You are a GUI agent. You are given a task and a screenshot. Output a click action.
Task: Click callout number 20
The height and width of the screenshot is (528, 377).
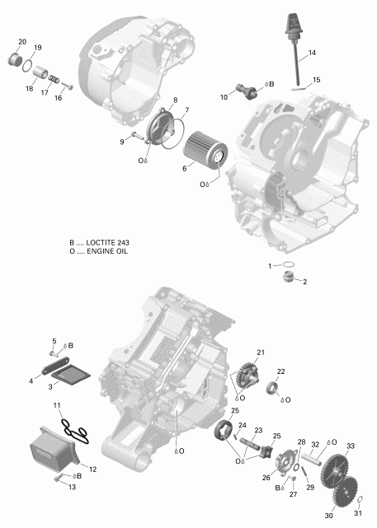[22, 42]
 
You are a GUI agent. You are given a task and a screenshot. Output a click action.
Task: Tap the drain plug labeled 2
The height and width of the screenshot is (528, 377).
[290, 276]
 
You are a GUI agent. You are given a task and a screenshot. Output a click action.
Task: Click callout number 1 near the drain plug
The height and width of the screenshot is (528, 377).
[268, 265]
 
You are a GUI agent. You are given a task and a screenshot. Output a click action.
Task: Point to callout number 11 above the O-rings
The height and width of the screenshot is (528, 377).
[57, 406]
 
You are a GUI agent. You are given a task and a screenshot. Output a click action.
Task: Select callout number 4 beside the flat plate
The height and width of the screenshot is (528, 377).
[31, 381]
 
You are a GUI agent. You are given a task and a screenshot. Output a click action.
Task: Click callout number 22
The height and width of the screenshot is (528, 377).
[280, 371]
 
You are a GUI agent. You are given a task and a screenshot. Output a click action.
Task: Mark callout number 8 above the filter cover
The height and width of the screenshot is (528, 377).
[174, 100]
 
